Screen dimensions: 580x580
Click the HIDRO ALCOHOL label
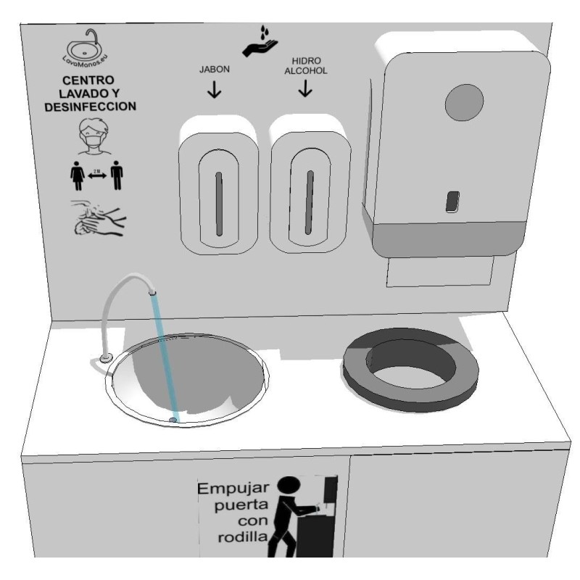305,67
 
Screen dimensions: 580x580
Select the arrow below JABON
215,91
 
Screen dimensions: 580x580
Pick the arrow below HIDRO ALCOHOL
305,90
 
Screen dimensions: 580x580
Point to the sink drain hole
173,420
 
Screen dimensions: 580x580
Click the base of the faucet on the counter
106,357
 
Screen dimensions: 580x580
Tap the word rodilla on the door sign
243,537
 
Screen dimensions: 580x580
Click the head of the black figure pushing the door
291,486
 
